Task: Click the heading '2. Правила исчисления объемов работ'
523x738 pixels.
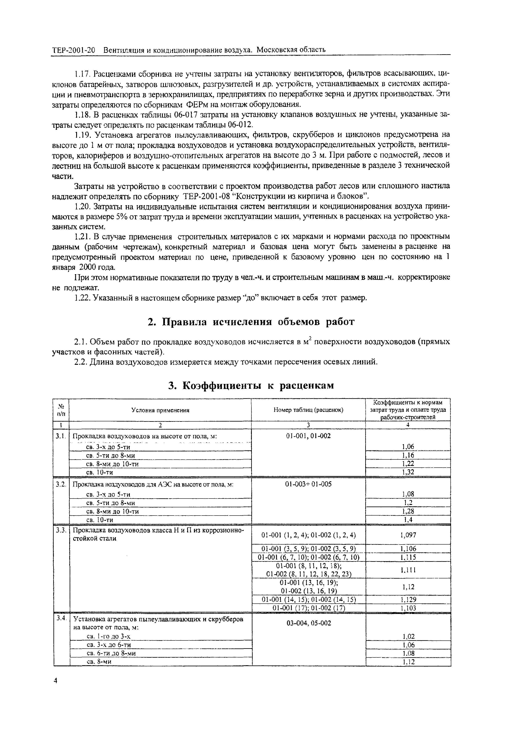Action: tap(251, 322)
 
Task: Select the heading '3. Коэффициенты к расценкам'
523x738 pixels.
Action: tap(251, 385)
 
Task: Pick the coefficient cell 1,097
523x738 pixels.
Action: tap(408, 535)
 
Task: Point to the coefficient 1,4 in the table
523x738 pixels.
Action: tap(408, 520)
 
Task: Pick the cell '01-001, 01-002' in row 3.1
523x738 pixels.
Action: tap(308, 436)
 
